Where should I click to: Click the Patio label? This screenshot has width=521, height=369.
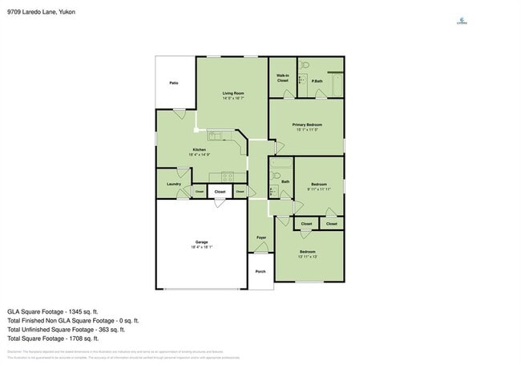click(173, 83)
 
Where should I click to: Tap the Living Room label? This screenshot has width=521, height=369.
click(233, 94)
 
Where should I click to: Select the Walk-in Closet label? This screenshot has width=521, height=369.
click(283, 79)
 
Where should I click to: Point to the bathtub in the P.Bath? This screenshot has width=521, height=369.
click(336, 79)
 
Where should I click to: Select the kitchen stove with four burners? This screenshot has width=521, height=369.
click(227, 176)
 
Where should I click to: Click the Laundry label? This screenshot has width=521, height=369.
click(173, 184)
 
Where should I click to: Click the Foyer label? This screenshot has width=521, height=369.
click(261, 237)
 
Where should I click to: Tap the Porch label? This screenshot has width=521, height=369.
click(260, 271)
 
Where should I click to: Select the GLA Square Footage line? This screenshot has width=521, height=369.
click(52, 310)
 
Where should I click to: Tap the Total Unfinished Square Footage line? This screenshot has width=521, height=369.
click(66, 329)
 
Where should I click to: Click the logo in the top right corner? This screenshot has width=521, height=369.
click(462, 22)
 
